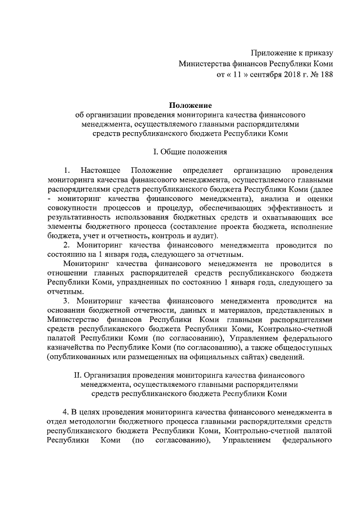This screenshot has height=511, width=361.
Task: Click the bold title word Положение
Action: click(x=190, y=105)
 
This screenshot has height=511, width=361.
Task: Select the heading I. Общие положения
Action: click(x=190, y=152)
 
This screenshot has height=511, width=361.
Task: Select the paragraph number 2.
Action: click(x=66, y=244)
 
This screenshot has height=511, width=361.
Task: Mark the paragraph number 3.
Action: click(x=66, y=301)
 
